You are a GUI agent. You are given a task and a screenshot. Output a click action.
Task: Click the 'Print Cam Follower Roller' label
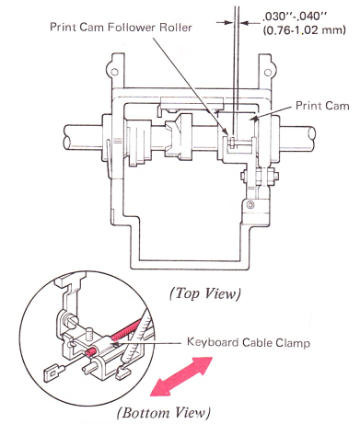click(121, 28)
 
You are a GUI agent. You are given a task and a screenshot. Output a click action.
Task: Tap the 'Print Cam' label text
click(322, 106)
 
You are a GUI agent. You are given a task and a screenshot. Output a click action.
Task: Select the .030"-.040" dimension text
click(303, 16)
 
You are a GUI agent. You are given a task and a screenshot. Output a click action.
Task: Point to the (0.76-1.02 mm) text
click(305, 30)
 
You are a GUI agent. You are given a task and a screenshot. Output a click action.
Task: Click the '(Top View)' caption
click(205, 293)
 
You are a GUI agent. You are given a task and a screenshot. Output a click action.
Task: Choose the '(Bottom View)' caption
click(164, 412)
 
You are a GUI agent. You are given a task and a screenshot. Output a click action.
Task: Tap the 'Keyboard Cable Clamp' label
click(249, 342)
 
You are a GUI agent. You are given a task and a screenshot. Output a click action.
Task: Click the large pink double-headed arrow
click(181, 376)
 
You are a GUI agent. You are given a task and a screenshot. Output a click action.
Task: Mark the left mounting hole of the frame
click(114, 72)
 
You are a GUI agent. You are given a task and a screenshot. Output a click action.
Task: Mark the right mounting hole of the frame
click(268, 73)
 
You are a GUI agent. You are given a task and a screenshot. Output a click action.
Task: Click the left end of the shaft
click(66, 136)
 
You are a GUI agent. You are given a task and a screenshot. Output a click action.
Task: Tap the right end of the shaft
click(312, 136)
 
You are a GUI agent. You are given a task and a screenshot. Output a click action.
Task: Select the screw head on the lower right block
click(251, 204)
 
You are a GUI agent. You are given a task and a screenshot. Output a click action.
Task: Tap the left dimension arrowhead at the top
click(228, 22)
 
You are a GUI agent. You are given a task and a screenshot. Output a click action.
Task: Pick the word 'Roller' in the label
click(176, 28)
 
